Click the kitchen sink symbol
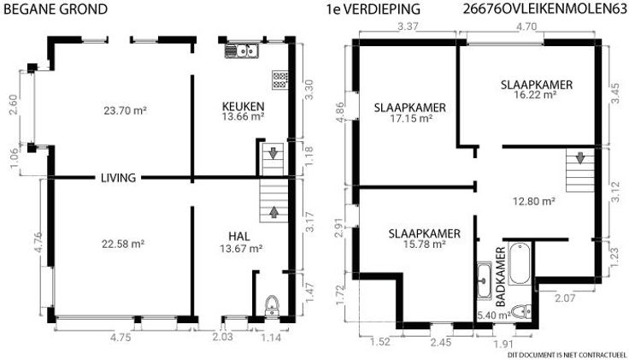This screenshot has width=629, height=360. coord(242,51)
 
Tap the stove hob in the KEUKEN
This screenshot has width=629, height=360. coord(280,80)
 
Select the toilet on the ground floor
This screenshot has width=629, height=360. coord(273,307)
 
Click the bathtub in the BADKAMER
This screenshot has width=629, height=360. coord(520,263)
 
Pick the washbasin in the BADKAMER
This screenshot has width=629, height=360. coord(485,280)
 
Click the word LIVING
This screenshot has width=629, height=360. coord(118,178)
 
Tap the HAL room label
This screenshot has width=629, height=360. coord(239,236)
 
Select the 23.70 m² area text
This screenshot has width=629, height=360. coord(125,110)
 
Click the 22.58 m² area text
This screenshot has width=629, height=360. coord(123,244)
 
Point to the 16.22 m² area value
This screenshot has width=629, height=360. coord(535,95)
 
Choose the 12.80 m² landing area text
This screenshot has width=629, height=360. coord(534,201)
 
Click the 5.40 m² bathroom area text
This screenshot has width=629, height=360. coord(493,316)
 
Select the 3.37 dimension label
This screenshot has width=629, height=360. coord(408,27)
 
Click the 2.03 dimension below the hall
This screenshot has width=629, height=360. coord(222,336)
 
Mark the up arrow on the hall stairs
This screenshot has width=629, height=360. coord(274,212)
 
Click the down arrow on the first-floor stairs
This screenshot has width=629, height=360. coord(580,157)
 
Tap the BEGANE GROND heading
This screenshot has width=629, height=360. coord(56,9)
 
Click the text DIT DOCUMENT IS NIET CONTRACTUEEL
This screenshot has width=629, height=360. coord(567,355)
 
